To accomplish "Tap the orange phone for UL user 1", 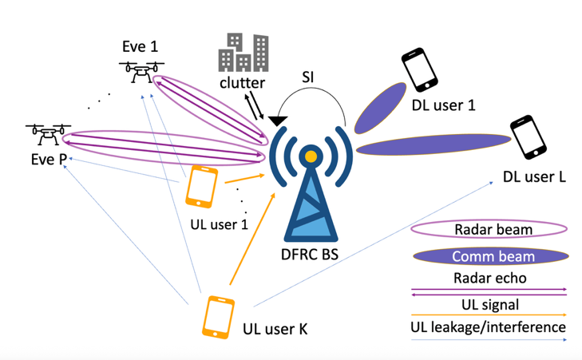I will point(201,187).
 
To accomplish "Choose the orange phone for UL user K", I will point(218,317).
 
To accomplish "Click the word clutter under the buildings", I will point(243,82).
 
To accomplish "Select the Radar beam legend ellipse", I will point(489,230).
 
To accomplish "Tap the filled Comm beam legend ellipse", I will point(489,256).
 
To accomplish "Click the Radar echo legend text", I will point(489,279).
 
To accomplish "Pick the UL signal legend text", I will point(489,304).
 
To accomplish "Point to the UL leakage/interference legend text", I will point(489,327).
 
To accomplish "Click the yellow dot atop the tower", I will point(310,156).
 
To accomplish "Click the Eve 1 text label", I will point(140,46).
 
